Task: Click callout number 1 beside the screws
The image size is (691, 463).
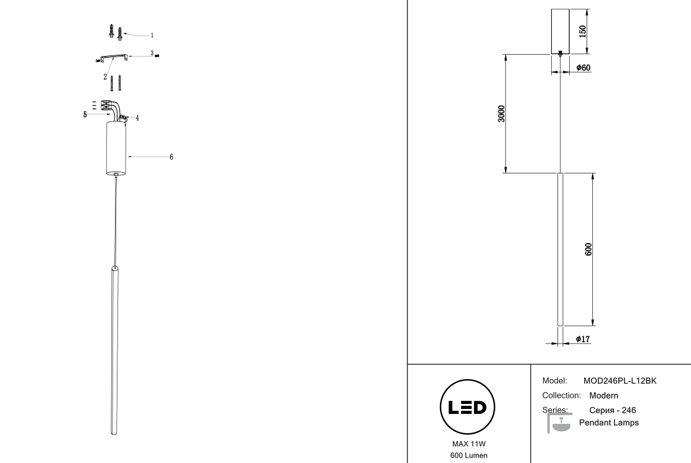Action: pos(153,35)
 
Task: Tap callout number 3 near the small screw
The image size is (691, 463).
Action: pos(152,54)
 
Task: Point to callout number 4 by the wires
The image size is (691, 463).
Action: pos(137,117)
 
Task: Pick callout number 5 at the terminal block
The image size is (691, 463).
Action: pos(85,115)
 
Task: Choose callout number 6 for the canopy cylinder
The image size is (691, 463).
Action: pos(172,157)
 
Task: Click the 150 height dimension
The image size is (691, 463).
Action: pos(582,32)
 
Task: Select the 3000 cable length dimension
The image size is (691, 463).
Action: pos(501,114)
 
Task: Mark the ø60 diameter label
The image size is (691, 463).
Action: pos(583,67)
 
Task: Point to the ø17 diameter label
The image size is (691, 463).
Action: pos(583,339)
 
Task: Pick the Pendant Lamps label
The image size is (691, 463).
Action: pos(608,423)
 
